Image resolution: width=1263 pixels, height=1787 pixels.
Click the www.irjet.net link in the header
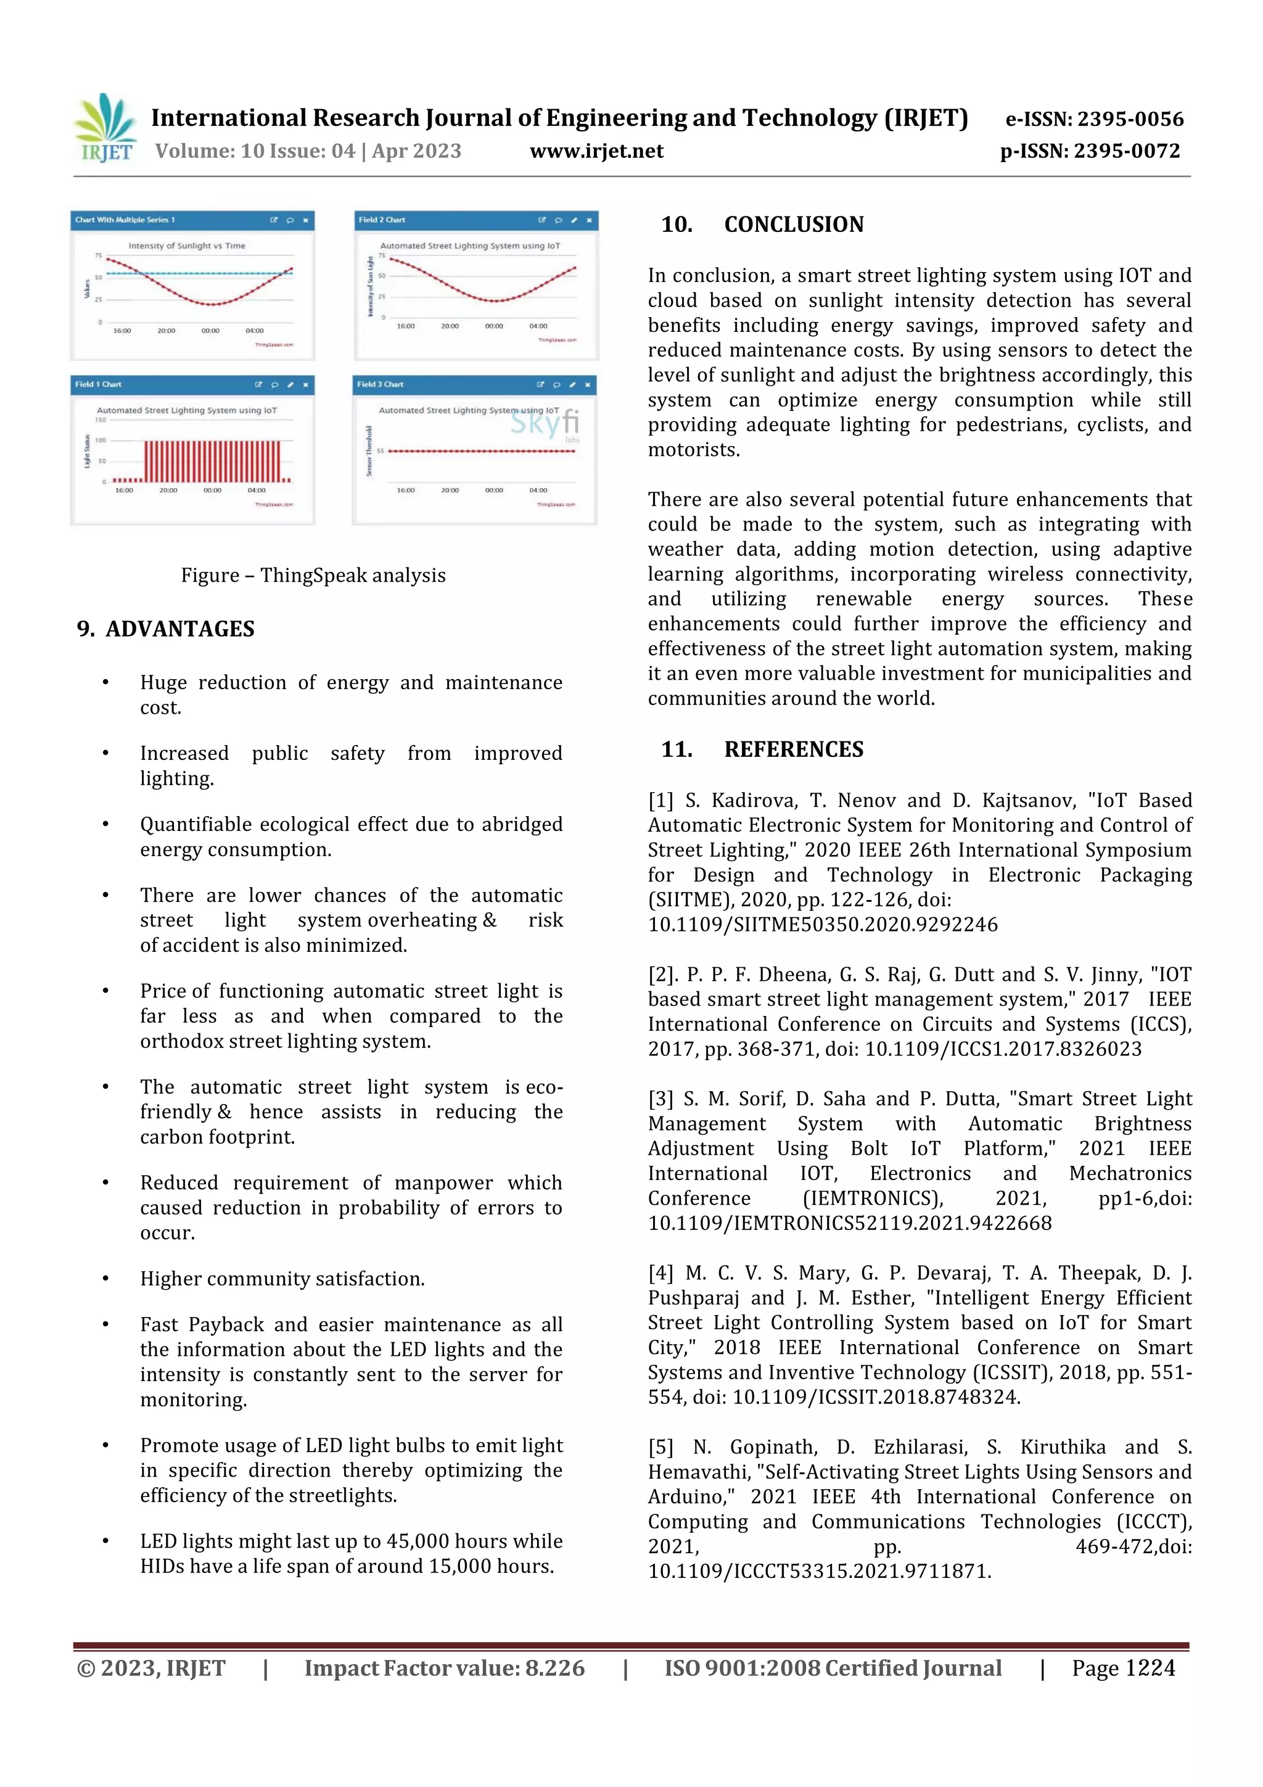[x=596, y=151]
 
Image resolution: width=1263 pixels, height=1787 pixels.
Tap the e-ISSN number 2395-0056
[x=1130, y=119]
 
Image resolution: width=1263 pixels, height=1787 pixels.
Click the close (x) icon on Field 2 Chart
[x=589, y=220]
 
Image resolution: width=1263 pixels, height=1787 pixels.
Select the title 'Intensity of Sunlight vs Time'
[x=187, y=246]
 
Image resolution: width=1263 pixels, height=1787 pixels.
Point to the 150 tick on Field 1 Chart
[x=101, y=420]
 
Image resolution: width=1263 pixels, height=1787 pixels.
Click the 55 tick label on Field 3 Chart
[x=381, y=452]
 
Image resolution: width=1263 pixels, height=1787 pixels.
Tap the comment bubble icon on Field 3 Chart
[x=556, y=384]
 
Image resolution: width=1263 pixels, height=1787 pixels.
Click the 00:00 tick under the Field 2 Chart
[x=493, y=326]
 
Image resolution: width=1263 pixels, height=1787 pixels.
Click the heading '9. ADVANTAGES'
[x=166, y=629]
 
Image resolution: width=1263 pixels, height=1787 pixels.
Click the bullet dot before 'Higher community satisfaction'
[x=105, y=1279]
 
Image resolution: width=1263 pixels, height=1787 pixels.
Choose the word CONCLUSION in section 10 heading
[x=794, y=225]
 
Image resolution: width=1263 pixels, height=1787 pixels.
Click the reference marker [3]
[x=660, y=1099]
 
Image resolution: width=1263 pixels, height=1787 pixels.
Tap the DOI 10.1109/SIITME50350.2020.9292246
[x=823, y=925]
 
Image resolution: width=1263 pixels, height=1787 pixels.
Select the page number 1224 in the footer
[x=1150, y=1668]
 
